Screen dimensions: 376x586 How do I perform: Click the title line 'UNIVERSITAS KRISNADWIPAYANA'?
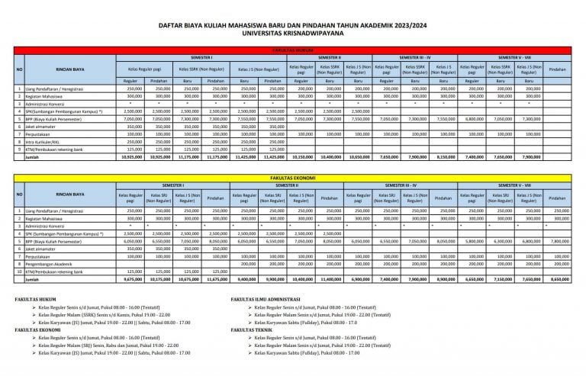point(293,34)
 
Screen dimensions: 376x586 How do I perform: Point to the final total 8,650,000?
point(561,280)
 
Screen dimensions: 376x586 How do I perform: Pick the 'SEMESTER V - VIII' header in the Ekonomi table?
point(517,185)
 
